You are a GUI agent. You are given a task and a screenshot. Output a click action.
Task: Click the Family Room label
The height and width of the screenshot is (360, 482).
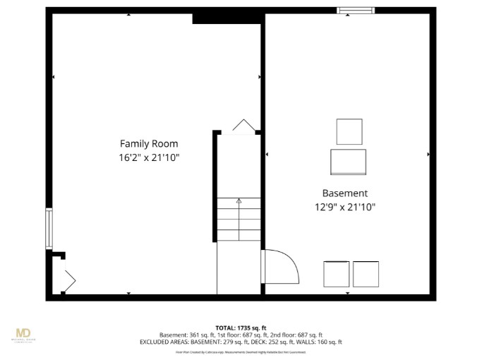pyautogui.click(x=149, y=143)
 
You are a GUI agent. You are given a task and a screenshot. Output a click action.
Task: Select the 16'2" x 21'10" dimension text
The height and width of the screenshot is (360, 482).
pyautogui.click(x=149, y=157)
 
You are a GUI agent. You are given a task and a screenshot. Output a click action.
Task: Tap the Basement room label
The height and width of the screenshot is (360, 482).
pyautogui.click(x=345, y=193)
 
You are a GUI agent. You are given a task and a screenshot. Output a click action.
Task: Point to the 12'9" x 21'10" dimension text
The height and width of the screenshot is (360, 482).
pyautogui.click(x=345, y=207)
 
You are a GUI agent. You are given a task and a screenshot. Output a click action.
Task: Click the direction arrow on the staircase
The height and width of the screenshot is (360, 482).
pyautogui.click(x=239, y=202)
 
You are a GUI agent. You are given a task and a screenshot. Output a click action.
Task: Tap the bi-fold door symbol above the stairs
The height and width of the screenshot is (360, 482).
pyautogui.click(x=243, y=126)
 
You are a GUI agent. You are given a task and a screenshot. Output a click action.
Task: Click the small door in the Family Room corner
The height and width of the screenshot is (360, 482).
pyautogui.click(x=69, y=280)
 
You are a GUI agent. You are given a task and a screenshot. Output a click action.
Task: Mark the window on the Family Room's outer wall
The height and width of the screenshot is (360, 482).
pyautogui.click(x=49, y=228)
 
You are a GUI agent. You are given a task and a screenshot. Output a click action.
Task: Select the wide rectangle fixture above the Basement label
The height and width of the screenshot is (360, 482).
pyautogui.click(x=349, y=162)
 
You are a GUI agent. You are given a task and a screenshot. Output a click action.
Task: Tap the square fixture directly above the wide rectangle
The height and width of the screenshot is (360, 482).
pyautogui.click(x=349, y=131)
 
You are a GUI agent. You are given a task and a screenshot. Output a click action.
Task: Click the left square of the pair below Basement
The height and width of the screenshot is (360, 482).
pyautogui.click(x=336, y=274)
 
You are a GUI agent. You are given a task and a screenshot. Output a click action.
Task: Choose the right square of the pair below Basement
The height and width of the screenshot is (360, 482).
pyautogui.click(x=366, y=274)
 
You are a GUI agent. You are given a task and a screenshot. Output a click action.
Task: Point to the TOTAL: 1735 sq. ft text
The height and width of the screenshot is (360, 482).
pyautogui.click(x=241, y=328)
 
